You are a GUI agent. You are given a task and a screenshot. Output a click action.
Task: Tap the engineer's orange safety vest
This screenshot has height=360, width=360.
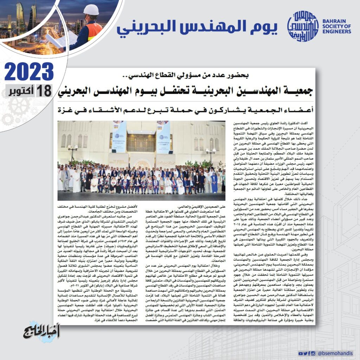[94, 31]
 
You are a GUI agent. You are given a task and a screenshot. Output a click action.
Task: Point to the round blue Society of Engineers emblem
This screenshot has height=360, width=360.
[303, 26]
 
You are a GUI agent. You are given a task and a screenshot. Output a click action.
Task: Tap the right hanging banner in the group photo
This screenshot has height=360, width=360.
[163, 137]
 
